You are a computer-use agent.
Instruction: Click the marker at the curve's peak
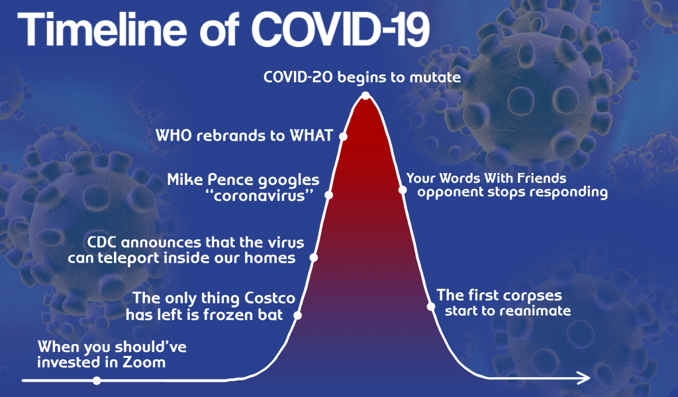365,95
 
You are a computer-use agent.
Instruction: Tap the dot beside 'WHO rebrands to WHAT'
343,137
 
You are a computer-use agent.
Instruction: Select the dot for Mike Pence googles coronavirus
328,196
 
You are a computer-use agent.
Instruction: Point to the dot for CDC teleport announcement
314,258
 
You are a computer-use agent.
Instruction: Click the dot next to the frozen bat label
297,315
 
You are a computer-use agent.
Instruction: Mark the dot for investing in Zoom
97,380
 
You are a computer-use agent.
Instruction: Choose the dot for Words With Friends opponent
403,190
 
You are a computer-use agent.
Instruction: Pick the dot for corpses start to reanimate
430,306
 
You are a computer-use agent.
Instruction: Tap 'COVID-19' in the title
341,29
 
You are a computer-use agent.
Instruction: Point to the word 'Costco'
270,298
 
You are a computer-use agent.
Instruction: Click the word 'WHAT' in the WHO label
311,135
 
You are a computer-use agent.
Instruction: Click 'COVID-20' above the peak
299,77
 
